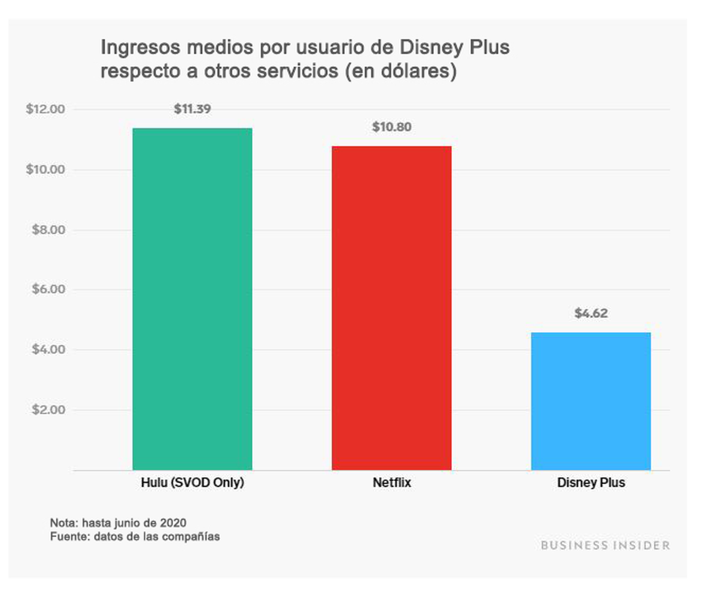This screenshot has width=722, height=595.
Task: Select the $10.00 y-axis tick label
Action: pos(45,169)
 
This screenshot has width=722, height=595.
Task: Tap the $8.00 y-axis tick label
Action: pos(48,230)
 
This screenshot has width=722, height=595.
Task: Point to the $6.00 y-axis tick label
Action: pos(48,289)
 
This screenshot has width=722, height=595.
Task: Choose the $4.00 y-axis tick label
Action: pos(48,349)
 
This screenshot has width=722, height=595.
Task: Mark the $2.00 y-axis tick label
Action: pos(48,409)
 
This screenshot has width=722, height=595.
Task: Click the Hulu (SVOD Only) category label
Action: pos(193,483)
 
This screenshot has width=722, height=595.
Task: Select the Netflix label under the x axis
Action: pos(391,483)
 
